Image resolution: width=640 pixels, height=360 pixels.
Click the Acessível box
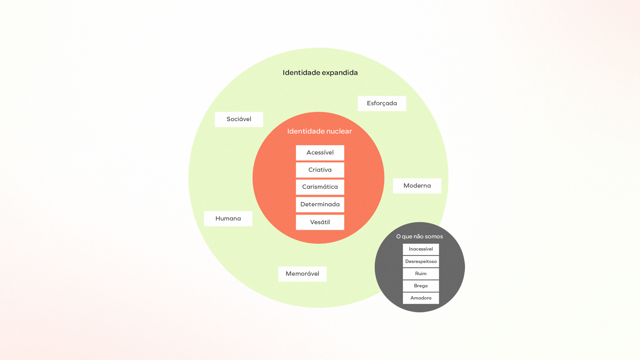click(320, 153)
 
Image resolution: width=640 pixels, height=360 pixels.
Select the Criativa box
click(320, 170)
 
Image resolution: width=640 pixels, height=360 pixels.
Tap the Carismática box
click(320, 187)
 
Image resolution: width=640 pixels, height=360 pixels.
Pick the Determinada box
click(320, 204)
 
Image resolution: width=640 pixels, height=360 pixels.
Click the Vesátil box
click(320, 222)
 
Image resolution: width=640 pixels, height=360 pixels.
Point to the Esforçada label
click(382, 103)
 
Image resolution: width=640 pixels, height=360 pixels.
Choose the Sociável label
click(239, 119)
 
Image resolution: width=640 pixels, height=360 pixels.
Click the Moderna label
click(417, 186)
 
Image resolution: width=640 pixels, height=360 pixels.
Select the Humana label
click(228, 219)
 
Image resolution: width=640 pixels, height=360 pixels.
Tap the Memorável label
click(302, 274)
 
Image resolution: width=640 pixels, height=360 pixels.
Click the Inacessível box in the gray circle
click(421, 249)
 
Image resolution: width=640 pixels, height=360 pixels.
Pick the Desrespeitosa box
click(421, 262)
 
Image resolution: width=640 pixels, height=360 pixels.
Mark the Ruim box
click(421, 274)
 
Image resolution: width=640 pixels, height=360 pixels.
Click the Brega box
click(421, 286)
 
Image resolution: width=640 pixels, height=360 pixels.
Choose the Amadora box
click(421, 298)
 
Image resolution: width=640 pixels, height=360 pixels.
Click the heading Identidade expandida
click(320, 73)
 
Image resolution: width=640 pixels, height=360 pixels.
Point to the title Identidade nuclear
click(320, 131)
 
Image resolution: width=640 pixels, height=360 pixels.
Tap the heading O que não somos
click(419, 237)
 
